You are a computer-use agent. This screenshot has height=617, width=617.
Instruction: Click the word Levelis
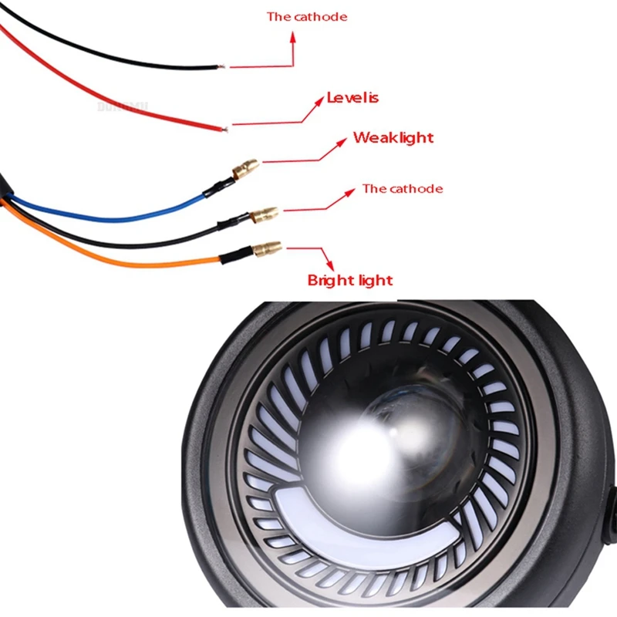352,98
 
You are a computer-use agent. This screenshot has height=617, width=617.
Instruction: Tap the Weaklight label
393,138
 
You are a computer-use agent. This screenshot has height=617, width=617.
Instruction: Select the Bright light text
350,280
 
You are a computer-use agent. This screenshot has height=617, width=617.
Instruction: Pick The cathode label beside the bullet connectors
403,189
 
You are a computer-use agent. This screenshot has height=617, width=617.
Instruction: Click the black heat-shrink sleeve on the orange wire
234,255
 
